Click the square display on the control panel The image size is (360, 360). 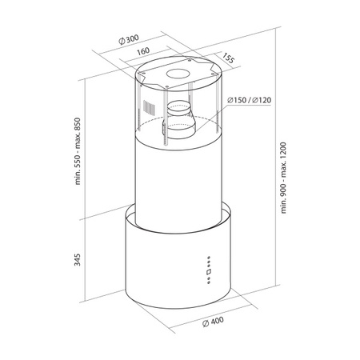(x=208, y=272)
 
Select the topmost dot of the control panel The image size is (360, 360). (x=208, y=258)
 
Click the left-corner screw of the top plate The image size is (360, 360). (x=141, y=80)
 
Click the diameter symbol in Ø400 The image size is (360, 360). (x=206, y=322)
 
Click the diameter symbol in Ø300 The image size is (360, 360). (x=118, y=38)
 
